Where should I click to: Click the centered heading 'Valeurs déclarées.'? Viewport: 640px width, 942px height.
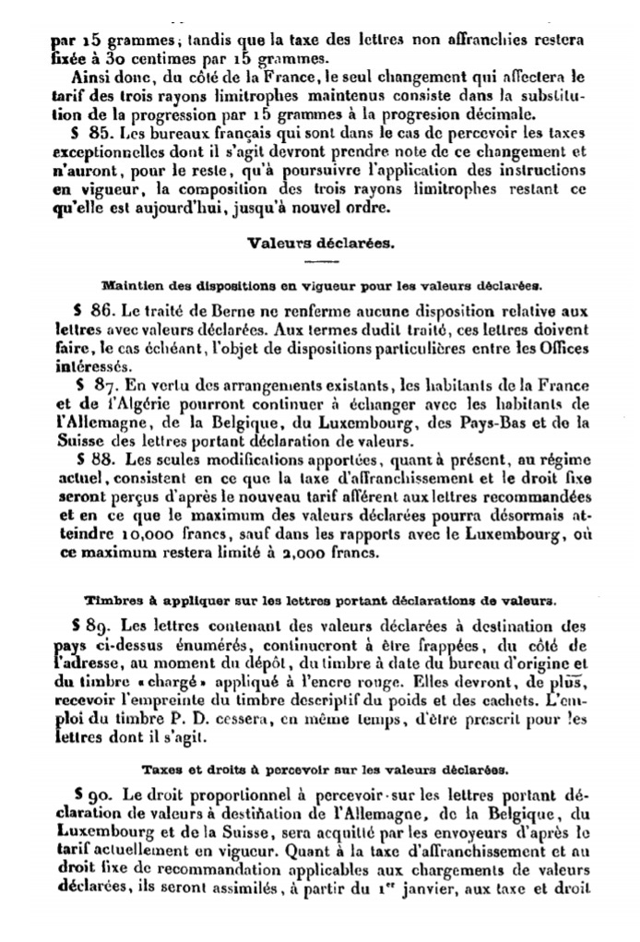[319, 244]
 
